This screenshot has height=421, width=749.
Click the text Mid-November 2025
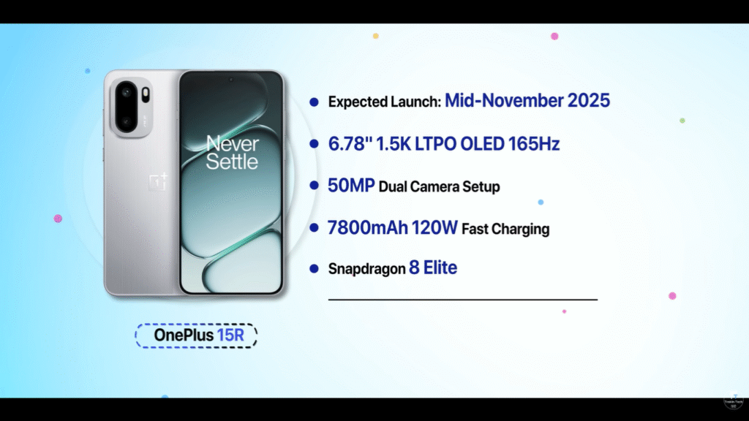pyautogui.click(x=527, y=101)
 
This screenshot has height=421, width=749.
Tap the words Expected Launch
pyautogui.click(x=384, y=102)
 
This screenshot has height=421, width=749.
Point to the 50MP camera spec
pyautogui.click(x=352, y=186)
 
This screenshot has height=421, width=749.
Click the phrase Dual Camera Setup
pyautogui.click(x=439, y=187)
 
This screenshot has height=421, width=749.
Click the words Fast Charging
pyautogui.click(x=505, y=229)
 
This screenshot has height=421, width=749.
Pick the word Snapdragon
pyautogui.click(x=366, y=269)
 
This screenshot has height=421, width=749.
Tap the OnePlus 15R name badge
pyautogui.click(x=195, y=335)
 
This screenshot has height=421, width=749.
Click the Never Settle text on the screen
pyautogui.click(x=232, y=152)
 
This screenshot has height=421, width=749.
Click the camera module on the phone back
pyautogui.click(x=132, y=105)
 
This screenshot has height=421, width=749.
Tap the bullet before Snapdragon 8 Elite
pyautogui.click(x=314, y=269)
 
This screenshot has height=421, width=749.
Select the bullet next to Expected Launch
pyautogui.click(x=314, y=102)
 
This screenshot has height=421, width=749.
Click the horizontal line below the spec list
pyautogui.click(x=462, y=300)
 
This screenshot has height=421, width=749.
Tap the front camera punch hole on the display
pyautogui.click(x=230, y=79)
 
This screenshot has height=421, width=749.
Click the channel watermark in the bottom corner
pyautogui.click(x=733, y=407)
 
